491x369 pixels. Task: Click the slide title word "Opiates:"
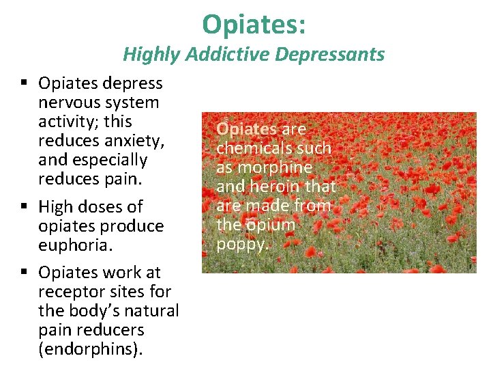[x=254, y=25]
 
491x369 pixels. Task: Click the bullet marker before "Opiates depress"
[x=24, y=83]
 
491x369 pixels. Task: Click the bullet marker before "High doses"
[x=24, y=206]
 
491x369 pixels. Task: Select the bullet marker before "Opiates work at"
[x=24, y=272]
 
